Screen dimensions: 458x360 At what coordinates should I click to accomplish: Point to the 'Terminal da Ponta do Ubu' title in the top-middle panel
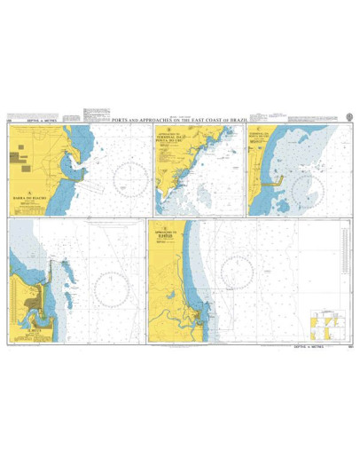pos(168,138)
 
